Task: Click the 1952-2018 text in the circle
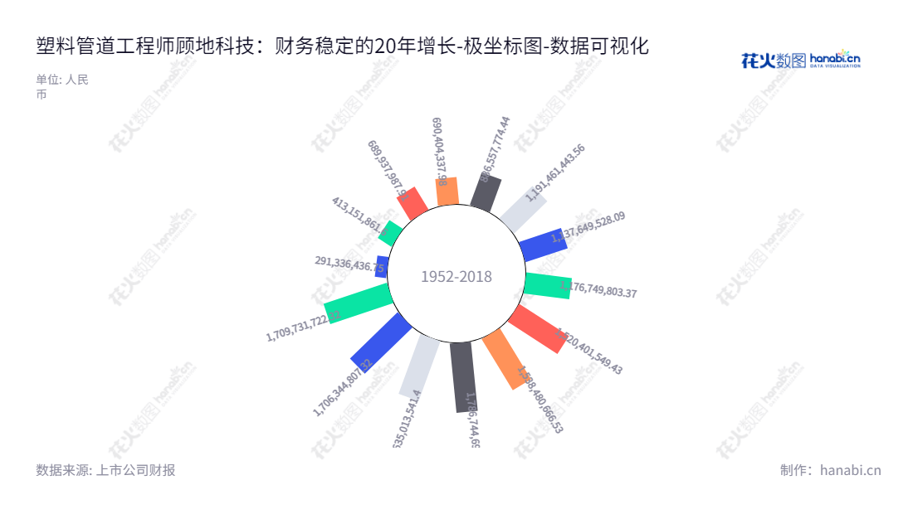click(456, 277)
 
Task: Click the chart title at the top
click(342, 46)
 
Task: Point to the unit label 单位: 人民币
click(62, 87)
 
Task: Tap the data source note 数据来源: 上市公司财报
click(105, 470)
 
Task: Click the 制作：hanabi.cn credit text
click(830, 470)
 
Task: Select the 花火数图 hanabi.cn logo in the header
click(800, 60)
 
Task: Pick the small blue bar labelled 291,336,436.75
click(382, 266)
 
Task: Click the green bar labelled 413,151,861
click(390, 230)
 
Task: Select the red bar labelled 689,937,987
click(413, 203)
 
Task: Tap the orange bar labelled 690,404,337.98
click(447, 192)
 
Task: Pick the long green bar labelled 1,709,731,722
click(357, 303)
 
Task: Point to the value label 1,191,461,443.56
click(555, 172)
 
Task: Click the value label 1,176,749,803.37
click(598, 290)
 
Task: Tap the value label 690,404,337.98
click(439, 151)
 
